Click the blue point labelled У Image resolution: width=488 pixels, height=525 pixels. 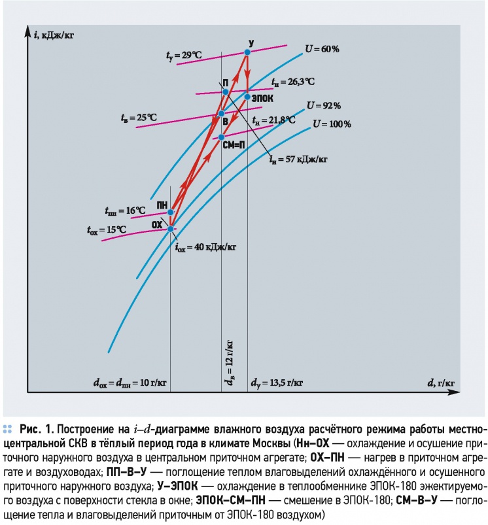[x=247, y=52]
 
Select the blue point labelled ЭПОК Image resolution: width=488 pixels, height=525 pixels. [x=247, y=97]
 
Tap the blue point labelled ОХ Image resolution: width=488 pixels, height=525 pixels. [x=170, y=229]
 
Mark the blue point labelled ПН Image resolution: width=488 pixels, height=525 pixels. [x=170, y=212]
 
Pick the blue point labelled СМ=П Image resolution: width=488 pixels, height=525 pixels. [x=221, y=137]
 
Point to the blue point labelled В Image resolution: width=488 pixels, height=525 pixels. [x=221, y=114]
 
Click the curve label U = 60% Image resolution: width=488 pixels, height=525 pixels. [x=322, y=49]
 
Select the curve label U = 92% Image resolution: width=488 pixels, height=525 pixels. [x=324, y=106]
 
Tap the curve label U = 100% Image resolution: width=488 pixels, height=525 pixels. [x=332, y=124]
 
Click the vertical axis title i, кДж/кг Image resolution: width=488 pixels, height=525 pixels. [x=54, y=35]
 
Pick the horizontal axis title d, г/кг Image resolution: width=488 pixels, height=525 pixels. [x=440, y=383]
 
